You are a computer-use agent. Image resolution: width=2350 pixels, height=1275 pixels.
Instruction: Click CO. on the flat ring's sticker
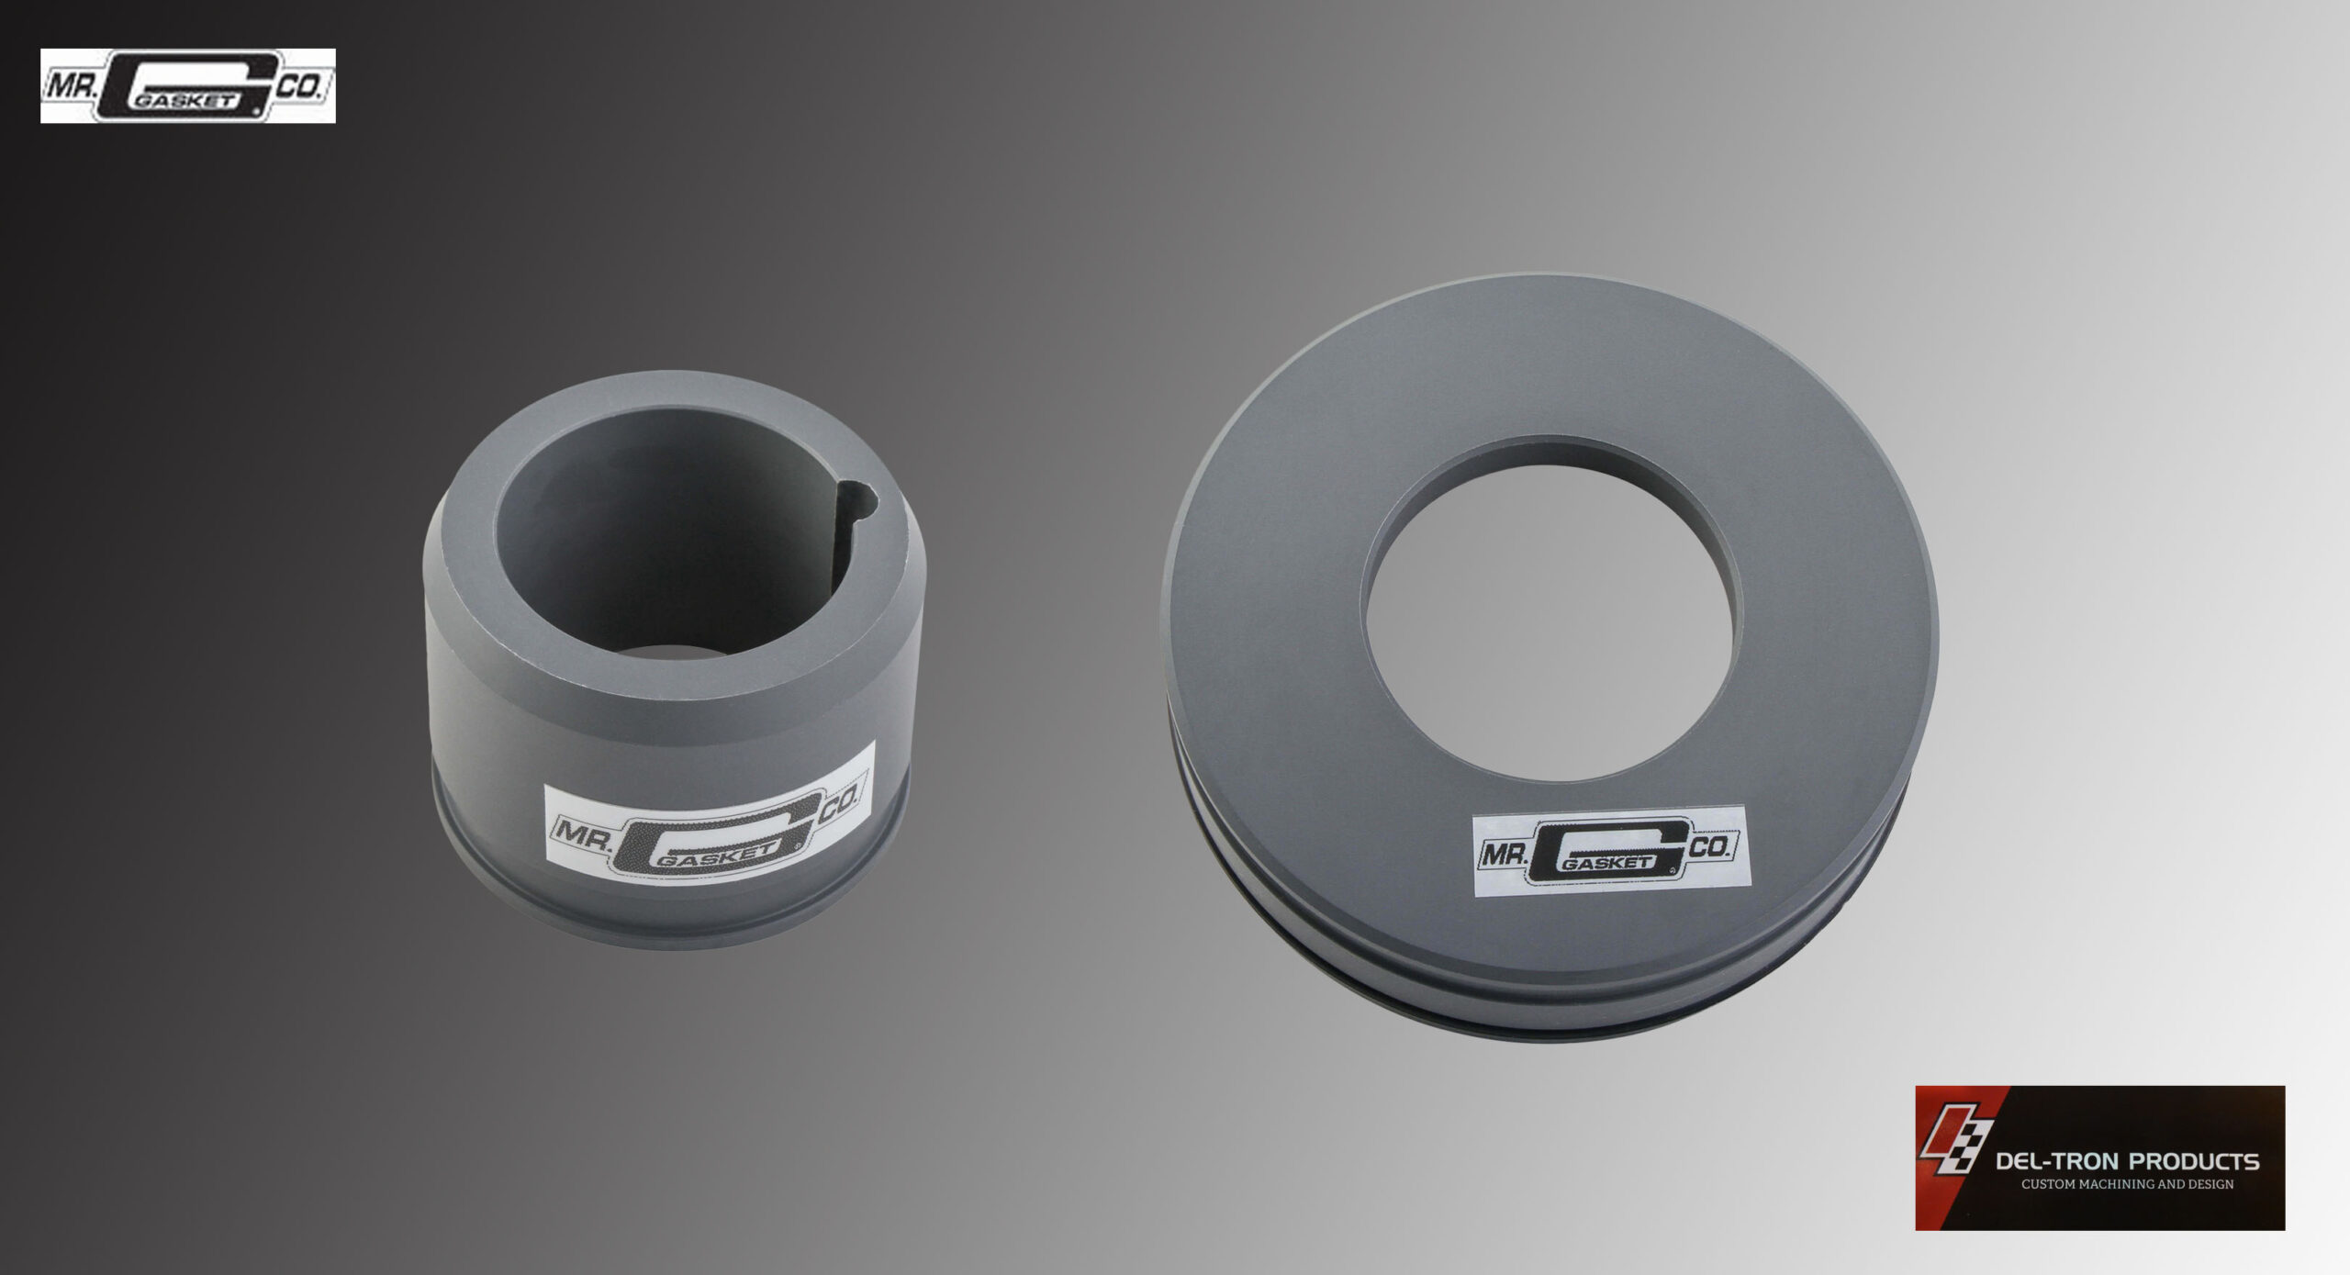coord(1709,846)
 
